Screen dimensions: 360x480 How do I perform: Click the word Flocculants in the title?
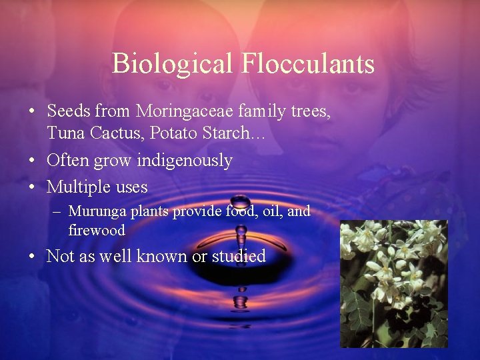[307, 64]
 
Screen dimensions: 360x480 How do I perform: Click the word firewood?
[97, 231]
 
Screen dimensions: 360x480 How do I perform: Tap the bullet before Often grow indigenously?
[32, 161]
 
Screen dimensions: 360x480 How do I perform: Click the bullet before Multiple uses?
[32, 187]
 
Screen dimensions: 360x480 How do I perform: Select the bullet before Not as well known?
[32, 256]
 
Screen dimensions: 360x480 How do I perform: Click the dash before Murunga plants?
[58, 212]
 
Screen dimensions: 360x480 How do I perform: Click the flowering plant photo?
[393, 284]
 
